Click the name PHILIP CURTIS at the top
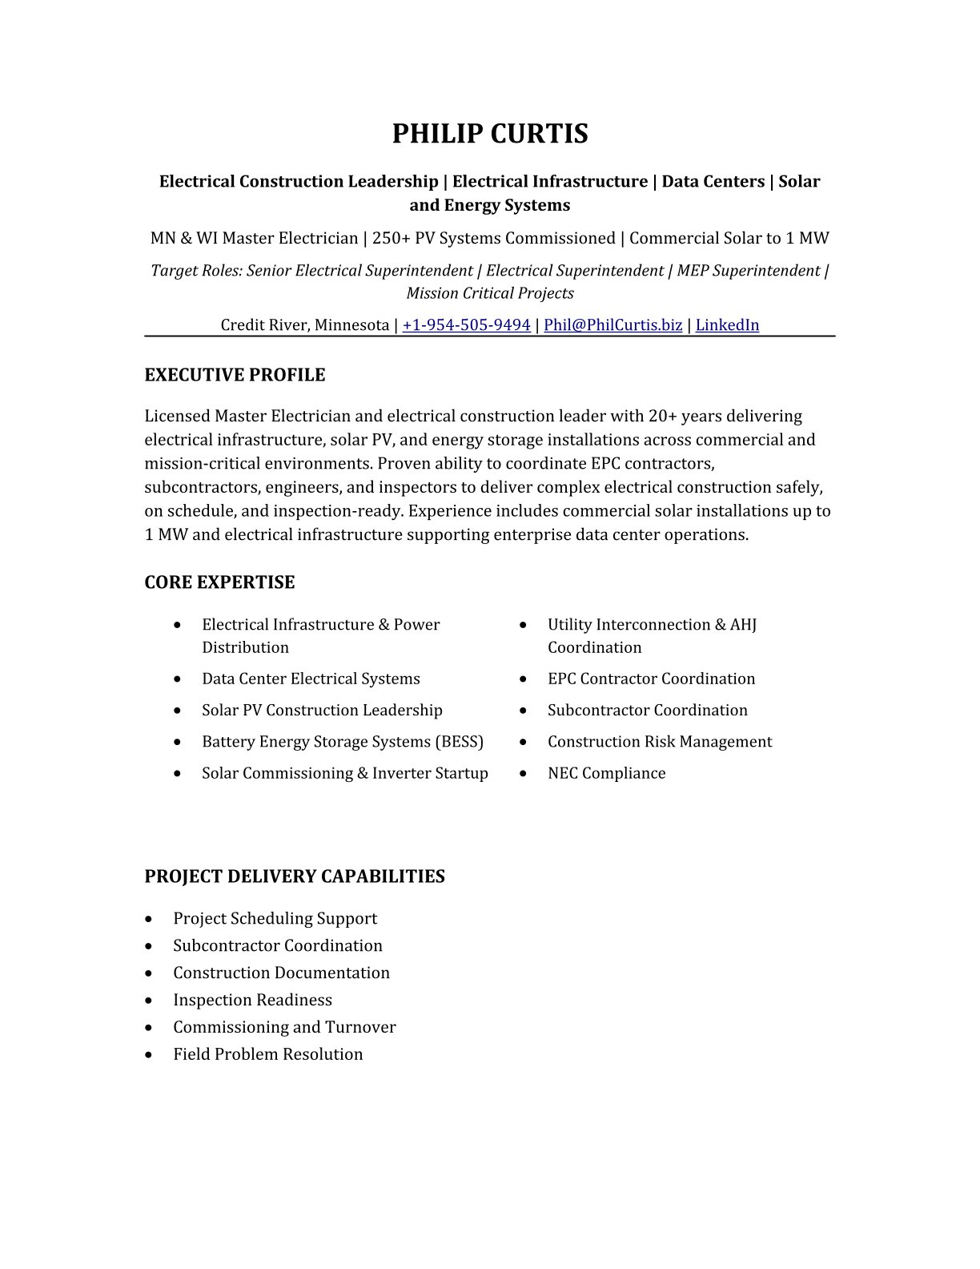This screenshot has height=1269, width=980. coord(489,134)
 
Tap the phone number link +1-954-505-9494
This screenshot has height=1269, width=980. coord(466,324)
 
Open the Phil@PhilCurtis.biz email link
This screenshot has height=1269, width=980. coord(612,324)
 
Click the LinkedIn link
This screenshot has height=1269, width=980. coord(727,324)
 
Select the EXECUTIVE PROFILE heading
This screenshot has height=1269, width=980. coord(235,375)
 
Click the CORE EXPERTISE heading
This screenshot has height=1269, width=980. coord(219,582)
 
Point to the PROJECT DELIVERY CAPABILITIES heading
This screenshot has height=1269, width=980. coord(294,876)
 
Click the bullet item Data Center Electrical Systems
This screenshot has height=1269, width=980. coord(311,679)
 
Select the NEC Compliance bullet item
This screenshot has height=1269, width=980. coord(606,773)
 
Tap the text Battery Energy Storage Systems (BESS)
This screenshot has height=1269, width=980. coord(343,742)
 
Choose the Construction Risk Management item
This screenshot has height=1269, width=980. coord(660,742)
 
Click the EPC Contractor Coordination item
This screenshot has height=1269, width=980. coord(651,679)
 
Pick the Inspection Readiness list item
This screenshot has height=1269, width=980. coord(252,1000)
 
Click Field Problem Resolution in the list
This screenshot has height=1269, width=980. coord(267,1054)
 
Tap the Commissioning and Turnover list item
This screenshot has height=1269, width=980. coord(284,1027)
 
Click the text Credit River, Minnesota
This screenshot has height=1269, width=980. coord(304,324)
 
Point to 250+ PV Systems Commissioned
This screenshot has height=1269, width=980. coord(493,238)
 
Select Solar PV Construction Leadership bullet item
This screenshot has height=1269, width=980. coord(322,711)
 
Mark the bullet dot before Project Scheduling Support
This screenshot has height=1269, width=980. coord(149,919)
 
